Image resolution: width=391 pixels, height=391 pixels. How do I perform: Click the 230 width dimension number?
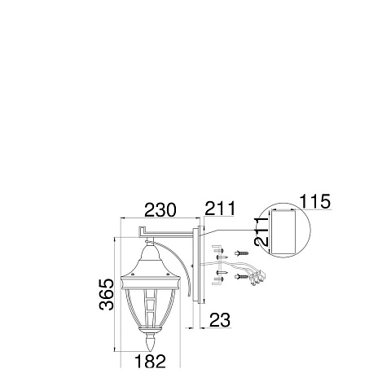(160, 210)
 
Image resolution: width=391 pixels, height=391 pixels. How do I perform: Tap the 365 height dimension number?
(107, 294)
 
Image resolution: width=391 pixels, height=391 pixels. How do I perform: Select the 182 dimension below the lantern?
(150, 362)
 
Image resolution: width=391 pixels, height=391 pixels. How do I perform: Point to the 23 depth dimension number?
(220, 320)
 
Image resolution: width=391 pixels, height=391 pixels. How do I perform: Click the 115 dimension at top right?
(315, 201)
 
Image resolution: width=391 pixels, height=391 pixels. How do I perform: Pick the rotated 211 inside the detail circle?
(262, 231)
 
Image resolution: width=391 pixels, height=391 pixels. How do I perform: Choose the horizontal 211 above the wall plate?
(220, 209)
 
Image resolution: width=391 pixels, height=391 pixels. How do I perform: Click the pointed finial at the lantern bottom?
(151, 342)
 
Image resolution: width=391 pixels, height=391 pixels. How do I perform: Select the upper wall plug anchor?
(242, 253)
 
